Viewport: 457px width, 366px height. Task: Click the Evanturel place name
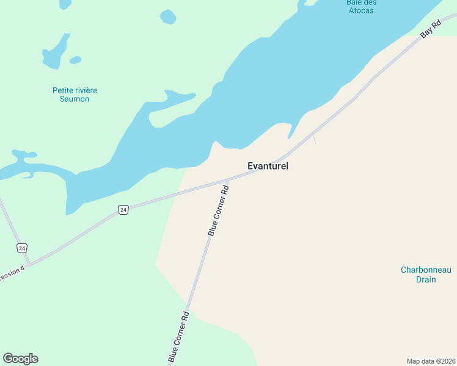click(x=268, y=166)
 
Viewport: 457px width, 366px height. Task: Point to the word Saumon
click(x=75, y=99)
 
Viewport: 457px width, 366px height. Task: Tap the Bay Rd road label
click(x=431, y=30)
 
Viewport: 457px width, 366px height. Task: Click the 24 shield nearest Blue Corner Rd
click(x=123, y=210)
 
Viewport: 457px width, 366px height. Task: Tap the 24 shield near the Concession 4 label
click(x=22, y=248)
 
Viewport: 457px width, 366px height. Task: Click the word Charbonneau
click(x=426, y=270)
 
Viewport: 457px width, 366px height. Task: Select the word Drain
click(x=426, y=279)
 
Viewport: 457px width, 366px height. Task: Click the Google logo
click(x=21, y=359)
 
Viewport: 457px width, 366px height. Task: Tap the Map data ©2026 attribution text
click(x=431, y=361)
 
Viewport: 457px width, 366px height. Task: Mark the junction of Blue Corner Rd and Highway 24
click(x=227, y=180)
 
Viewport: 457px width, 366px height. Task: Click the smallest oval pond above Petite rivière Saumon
click(x=75, y=60)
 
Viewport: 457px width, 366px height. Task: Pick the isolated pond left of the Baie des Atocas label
click(x=167, y=16)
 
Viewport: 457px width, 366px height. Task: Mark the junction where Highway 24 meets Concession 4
click(x=29, y=264)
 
